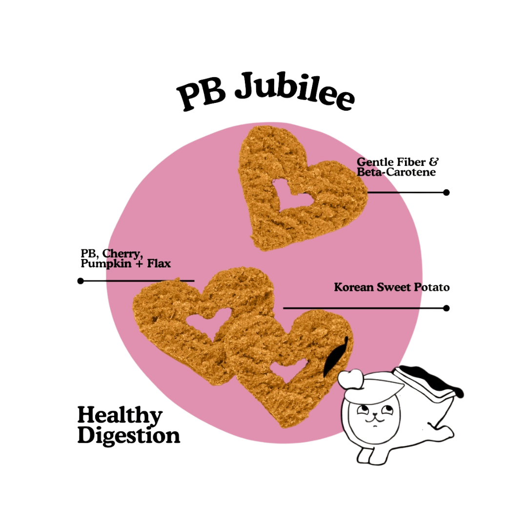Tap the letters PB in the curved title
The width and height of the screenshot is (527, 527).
200,93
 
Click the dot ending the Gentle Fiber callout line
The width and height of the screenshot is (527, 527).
446,192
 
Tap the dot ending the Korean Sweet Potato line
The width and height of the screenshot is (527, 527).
446,308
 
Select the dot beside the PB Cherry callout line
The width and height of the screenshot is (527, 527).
81,281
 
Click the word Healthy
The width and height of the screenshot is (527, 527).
120,416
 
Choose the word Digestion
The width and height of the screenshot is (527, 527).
128,435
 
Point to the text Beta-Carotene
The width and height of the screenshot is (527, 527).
396,172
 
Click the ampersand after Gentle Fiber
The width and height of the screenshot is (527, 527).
434,161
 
